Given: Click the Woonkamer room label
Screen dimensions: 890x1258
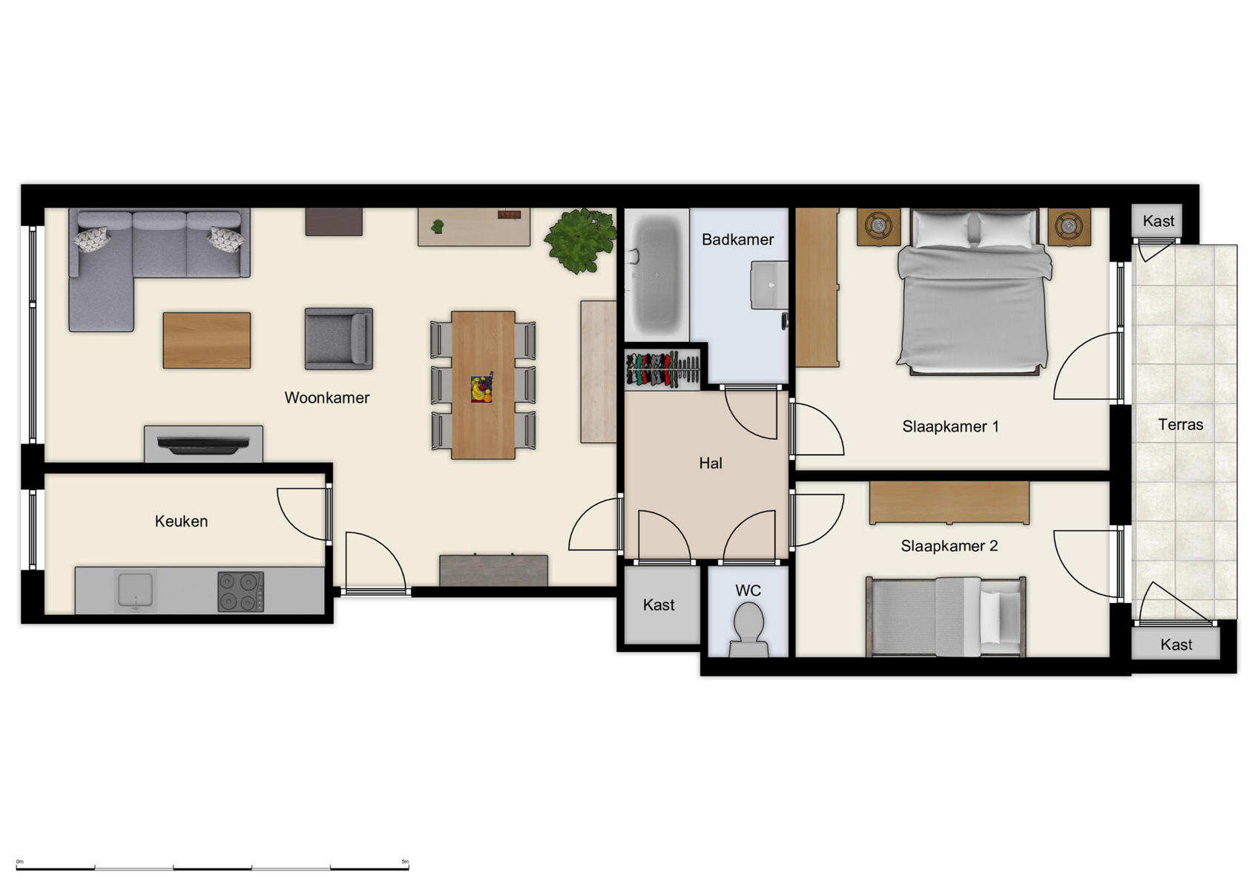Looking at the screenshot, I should click(326, 398).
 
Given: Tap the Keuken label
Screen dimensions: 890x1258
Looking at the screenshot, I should click(181, 521).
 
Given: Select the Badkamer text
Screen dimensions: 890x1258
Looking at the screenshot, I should click(737, 240).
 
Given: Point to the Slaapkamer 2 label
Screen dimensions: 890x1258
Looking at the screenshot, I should click(949, 547).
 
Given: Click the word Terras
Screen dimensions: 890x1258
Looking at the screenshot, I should click(1180, 425).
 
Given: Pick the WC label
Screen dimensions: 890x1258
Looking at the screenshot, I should click(748, 591).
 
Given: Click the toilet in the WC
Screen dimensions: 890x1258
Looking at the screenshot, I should click(748, 627).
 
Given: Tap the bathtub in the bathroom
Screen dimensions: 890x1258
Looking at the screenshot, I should click(656, 275).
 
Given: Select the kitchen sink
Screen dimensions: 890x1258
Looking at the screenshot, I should click(135, 590).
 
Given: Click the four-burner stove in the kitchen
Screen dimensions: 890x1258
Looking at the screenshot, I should click(240, 591).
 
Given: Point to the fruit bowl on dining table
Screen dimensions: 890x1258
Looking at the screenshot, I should click(481, 388).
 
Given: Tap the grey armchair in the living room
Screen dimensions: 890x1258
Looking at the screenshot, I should click(339, 338).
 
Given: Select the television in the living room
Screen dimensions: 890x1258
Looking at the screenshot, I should click(202, 445).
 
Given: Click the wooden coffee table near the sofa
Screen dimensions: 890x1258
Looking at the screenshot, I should click(207, 340).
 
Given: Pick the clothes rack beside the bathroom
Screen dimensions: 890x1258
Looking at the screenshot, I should click(662, 369).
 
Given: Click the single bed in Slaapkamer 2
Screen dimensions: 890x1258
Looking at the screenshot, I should click(946, 617).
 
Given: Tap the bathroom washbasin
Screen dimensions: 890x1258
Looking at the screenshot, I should click(769, 285).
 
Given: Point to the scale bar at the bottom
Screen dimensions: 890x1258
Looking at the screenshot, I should click(212, 867).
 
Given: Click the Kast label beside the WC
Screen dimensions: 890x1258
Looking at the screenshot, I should click(659, 605).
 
